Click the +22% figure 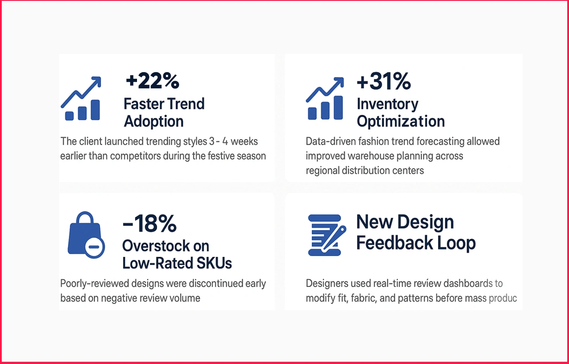[x=152, y=81]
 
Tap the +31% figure [x=383, y=82]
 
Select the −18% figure [x=149, y=224]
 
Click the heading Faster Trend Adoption [x=164, y=112]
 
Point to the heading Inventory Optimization [x=400, y=112]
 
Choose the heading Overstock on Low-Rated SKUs [x=177, y=254]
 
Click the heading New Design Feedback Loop [x=415, y=232]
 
